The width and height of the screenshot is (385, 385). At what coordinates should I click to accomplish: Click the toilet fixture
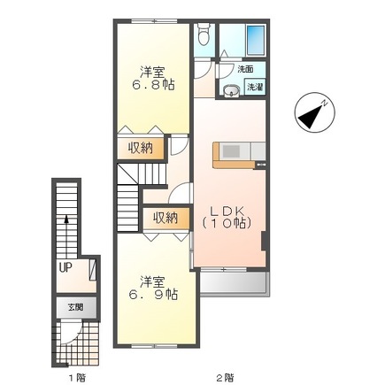[204, 34]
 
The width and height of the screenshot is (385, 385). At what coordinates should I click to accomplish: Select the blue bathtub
[255, 40]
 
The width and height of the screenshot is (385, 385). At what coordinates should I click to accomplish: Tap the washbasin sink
[231, 91]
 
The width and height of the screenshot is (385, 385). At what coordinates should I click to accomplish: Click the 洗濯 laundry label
[255, 87]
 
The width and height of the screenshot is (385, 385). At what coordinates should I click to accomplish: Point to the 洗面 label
[245, 70]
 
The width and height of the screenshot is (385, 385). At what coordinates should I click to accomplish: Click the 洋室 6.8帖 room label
[153, 79]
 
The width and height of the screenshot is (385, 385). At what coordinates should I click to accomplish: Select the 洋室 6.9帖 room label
[153, 288]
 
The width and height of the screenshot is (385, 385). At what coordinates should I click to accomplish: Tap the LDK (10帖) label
[227, 218]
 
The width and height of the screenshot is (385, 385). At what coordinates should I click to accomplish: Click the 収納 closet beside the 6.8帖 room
[140, 148]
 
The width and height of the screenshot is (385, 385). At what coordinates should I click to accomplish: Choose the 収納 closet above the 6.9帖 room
[166, 218]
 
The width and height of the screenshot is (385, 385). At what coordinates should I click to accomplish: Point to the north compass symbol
[315, 112]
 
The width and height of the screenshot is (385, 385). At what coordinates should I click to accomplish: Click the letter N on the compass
[325, 104]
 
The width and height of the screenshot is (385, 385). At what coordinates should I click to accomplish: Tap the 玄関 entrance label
[76, 308]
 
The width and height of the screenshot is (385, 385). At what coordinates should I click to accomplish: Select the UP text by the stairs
[65, 268]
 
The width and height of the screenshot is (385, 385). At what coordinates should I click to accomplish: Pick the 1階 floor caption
[78, 377]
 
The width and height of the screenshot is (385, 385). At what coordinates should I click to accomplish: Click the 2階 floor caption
[227, 377]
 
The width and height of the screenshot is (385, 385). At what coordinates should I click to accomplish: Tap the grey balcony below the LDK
[235, 282]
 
